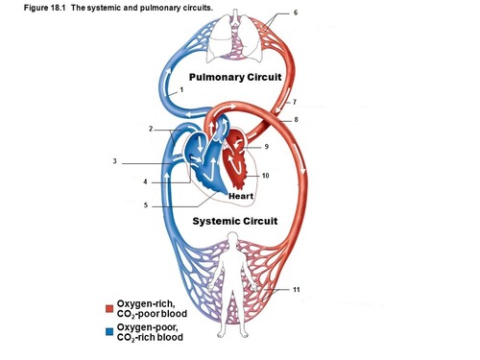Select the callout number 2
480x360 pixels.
151,129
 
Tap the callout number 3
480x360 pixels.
114,161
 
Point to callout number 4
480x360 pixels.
145,181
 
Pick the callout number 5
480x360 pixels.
145,204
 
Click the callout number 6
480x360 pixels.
296,12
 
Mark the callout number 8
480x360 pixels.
296,119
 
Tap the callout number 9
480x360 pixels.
266,147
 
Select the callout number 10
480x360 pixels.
265,176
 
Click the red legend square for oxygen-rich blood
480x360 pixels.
109,308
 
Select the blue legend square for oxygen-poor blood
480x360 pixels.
109,331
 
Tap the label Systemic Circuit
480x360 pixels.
235,221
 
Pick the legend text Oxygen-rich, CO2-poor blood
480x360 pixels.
152,308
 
